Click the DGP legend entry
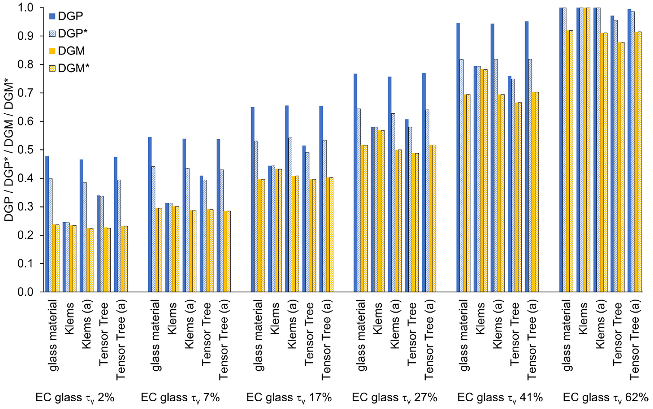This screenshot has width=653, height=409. point(66,16)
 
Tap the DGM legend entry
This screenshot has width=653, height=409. point(67,51)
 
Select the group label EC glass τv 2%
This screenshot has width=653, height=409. point(75,398)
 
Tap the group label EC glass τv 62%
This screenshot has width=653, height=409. point(605,398)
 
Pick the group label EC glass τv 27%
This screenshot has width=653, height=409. point(395,398)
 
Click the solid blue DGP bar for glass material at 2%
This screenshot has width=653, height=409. point(47,224)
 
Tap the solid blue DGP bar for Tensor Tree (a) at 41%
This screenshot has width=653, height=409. point(526,157)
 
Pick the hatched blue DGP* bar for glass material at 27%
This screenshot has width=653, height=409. point(359,200)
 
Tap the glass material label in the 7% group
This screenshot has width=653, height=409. point(156,336)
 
